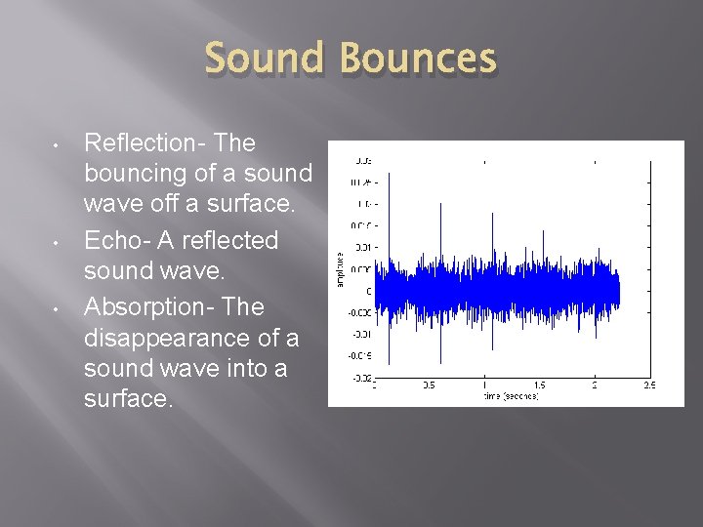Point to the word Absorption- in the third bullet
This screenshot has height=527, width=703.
coord(149,306)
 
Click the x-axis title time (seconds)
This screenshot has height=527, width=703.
coord(510,397)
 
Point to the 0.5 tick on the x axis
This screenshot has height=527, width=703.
coord(429,385)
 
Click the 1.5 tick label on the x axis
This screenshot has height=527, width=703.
coord(539,385)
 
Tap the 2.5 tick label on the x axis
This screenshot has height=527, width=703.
coord(648,385)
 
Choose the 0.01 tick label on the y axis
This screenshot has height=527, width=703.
coord(361,247)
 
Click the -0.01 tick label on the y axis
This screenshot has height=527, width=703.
coord(359,334)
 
